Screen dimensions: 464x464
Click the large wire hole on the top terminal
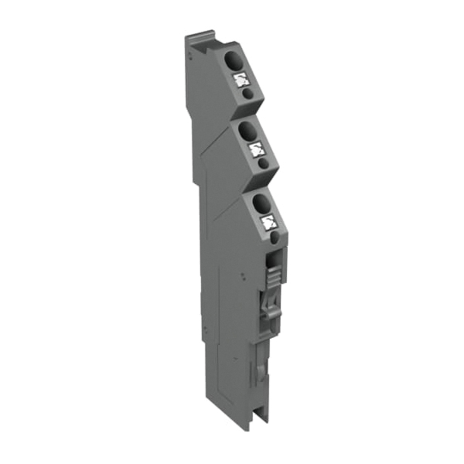pyautogui.click(x=232, y=60)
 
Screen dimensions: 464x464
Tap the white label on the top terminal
pyautogui.click(x=241, y=80)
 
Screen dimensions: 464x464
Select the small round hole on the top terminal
pyautogui.click(x=248, y=94)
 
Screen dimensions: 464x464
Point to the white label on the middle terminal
pyautogui.click(x=256, y=149)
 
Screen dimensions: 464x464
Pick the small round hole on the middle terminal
pyautogui.click(x=263, y=163)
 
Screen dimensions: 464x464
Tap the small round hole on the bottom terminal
pyautogui.click(x=274, y=238)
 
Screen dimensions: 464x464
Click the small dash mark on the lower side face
pyautogui.click(x=205, y=330)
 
